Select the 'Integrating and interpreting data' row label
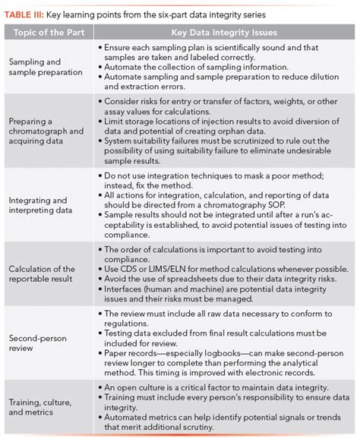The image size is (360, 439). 43,205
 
